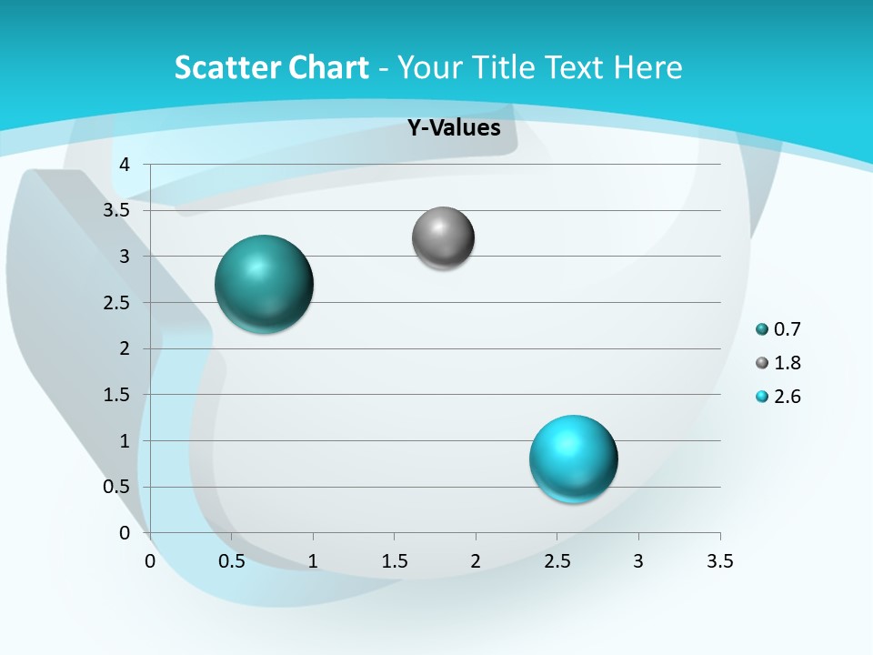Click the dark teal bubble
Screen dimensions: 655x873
tap(265, 284)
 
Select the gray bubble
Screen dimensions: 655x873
tap(443, 238)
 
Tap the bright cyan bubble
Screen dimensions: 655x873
tap(573, 458)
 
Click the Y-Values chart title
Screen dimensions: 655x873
tap(454, 128)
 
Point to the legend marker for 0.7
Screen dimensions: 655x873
tap(762, 329)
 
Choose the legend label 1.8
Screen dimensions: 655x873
tap(788, 363)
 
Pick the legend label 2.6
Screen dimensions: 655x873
tap(788, 397)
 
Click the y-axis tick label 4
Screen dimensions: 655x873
tap(125, 165)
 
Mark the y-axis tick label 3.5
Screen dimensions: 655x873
tap(117, 210)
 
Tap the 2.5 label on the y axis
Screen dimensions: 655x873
tap(117, 302)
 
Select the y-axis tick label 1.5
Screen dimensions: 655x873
tap(117, 395)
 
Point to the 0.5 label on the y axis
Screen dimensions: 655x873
tap(117, 487)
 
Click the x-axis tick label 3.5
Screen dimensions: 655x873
tap(719, 561)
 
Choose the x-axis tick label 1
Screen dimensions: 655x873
tap(313, 561)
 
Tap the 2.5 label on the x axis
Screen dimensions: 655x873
tap(557, 561)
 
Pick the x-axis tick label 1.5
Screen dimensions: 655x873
tap(394, 561)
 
